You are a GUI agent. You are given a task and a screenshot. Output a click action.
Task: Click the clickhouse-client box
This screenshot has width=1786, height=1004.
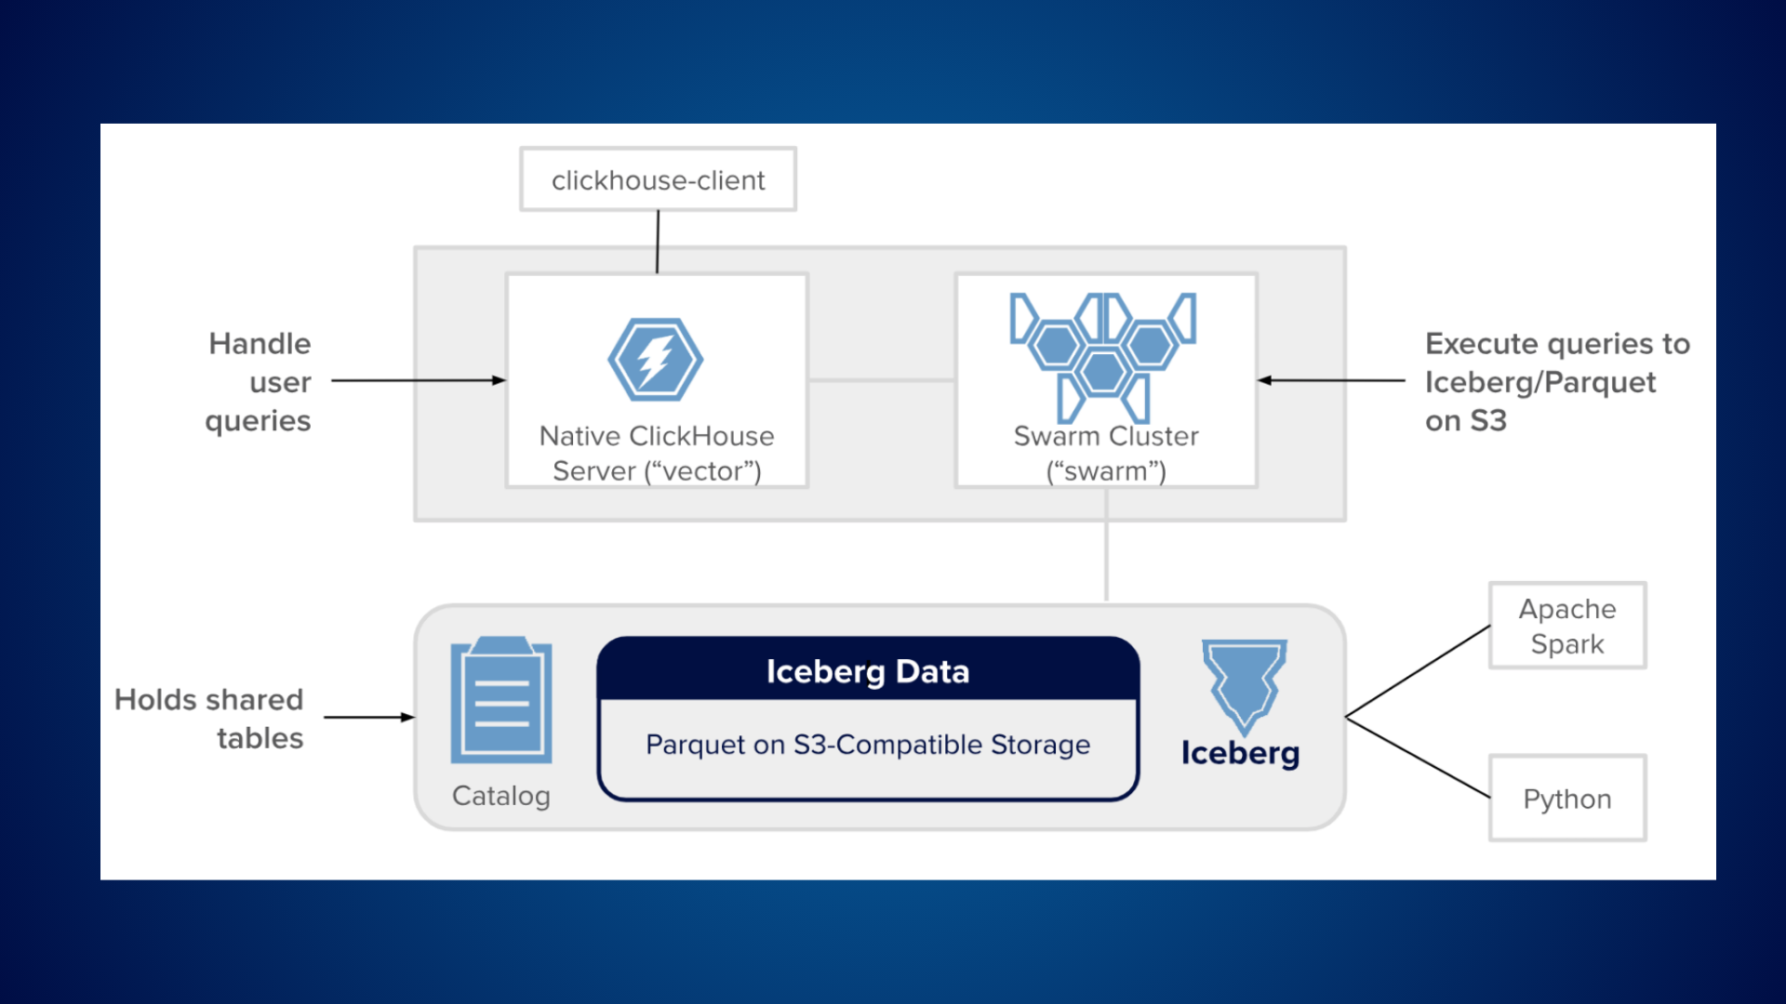click(x=658, y=179)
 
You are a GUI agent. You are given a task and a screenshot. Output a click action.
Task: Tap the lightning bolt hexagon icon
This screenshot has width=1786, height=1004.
click(x=656, y=360)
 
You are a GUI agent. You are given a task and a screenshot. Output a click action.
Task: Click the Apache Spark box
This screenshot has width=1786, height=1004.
click(x=1567, y=626)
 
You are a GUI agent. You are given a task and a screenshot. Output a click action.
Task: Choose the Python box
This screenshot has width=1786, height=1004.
click(x=1567, y=799)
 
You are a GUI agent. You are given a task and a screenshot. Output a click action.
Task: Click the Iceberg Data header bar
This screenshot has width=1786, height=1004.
click(x=868, y=670)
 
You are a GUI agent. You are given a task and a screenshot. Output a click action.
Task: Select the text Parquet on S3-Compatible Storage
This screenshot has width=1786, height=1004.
click(x=868, y=745)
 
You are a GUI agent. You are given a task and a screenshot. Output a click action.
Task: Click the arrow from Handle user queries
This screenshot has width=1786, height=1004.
click(x=419, y=380)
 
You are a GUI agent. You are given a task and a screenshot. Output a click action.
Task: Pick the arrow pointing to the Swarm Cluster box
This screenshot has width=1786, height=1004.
click(x=1330, y=380)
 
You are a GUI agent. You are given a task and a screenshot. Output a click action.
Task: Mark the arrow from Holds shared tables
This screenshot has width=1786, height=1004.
click(x=368, y=717)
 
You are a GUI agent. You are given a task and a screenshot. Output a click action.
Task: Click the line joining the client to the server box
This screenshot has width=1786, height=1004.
click(x=658, y=242)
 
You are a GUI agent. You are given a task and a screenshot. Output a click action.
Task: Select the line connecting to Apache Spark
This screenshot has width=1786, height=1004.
click(x=1418, y=671)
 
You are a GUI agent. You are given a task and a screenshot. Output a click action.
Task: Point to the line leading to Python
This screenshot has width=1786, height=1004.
click(x=1418, y=758)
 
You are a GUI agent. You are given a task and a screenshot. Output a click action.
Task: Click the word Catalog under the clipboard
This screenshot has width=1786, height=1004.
click(x=501, y=796)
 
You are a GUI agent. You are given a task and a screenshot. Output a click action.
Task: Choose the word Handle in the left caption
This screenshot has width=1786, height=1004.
click(x=260, y=344)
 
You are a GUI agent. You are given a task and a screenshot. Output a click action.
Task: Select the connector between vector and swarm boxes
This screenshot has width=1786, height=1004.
click(x=881, y=380)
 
